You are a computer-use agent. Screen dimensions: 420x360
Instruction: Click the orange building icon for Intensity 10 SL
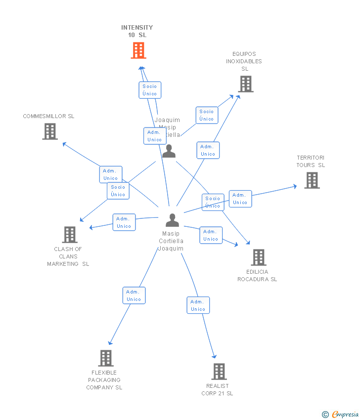click(x=138, y=50)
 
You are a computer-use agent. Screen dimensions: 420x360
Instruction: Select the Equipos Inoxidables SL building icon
click(x=246, y=84)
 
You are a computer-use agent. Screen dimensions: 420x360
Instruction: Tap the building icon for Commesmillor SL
click(x=50, y=131)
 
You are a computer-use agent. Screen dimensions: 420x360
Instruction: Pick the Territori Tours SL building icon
click(x=312, y=180)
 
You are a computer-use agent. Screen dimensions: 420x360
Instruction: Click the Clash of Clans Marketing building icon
click(x=70, y=235)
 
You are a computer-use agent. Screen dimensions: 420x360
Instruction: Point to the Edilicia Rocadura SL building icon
click(x=258, y=257)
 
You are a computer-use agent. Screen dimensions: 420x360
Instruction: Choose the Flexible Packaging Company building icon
click(x=105, y=358)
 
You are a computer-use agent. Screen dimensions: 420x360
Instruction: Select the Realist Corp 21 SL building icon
click(x=219, y=372)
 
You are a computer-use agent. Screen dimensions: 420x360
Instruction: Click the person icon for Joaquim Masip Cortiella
click(x=169, y=151)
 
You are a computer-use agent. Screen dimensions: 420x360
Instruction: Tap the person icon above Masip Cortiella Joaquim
click(x=172, y=220)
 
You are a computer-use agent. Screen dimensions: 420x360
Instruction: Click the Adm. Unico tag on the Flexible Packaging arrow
click(x=134, y=295)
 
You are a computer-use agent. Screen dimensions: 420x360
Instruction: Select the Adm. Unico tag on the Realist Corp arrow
click(x=198, y=305)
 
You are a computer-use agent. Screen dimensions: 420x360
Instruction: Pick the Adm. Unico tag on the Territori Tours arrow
click(x=240, y=199)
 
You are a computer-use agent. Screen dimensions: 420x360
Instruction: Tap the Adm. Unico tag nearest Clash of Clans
click(x=124, y=222)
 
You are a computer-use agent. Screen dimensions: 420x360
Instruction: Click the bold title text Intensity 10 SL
click(x=137, y=31)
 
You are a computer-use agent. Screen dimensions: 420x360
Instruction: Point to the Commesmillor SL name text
click(x=48, y=116)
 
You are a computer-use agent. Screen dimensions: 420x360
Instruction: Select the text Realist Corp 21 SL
click(x=217, y=389)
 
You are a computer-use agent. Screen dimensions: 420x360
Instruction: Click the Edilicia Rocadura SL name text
click(x=257, y=275)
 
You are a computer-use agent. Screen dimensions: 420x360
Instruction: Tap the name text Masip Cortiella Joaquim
click(x=171, y=241)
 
